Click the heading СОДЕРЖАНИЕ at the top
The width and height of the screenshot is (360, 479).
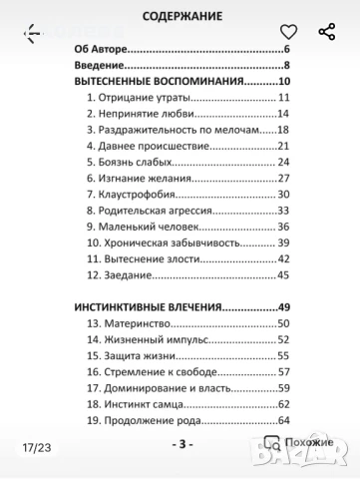pos(181,15)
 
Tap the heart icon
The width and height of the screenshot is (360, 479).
pos(288,32)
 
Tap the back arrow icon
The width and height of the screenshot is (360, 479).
pos(33,32)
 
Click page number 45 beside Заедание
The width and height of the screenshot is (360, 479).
pos(282,274)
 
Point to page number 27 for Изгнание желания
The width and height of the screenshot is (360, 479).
pos(282,178)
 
